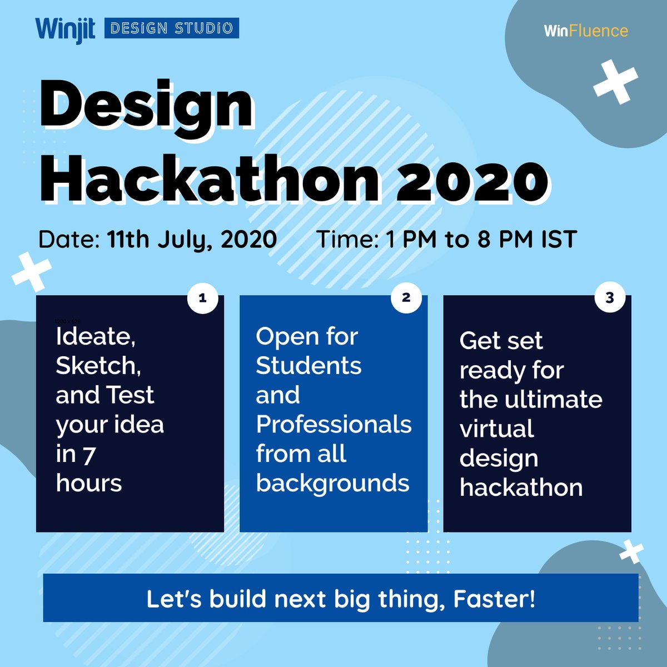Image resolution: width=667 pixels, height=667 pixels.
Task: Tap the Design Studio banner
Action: click(x=172, y=28)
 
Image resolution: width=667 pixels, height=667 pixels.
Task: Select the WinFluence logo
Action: click(x=586, y=31)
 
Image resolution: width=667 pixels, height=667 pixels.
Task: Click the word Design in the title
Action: click(x=147, y=106)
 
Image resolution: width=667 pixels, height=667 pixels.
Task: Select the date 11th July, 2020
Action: click(x=192, y=240)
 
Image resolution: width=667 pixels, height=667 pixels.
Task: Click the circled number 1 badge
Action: click(x=202, y=298)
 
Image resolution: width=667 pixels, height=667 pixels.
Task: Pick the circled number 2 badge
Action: click(x=406, y=298)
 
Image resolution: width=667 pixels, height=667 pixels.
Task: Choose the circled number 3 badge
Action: click(x=610, y=298)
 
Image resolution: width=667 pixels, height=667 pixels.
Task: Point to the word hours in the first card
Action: click(x=89, y=483)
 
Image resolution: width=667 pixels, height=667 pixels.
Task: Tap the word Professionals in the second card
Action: click(x=333, y=424)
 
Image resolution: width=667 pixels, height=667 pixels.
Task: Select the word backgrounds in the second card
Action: click(x=332, y=483)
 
